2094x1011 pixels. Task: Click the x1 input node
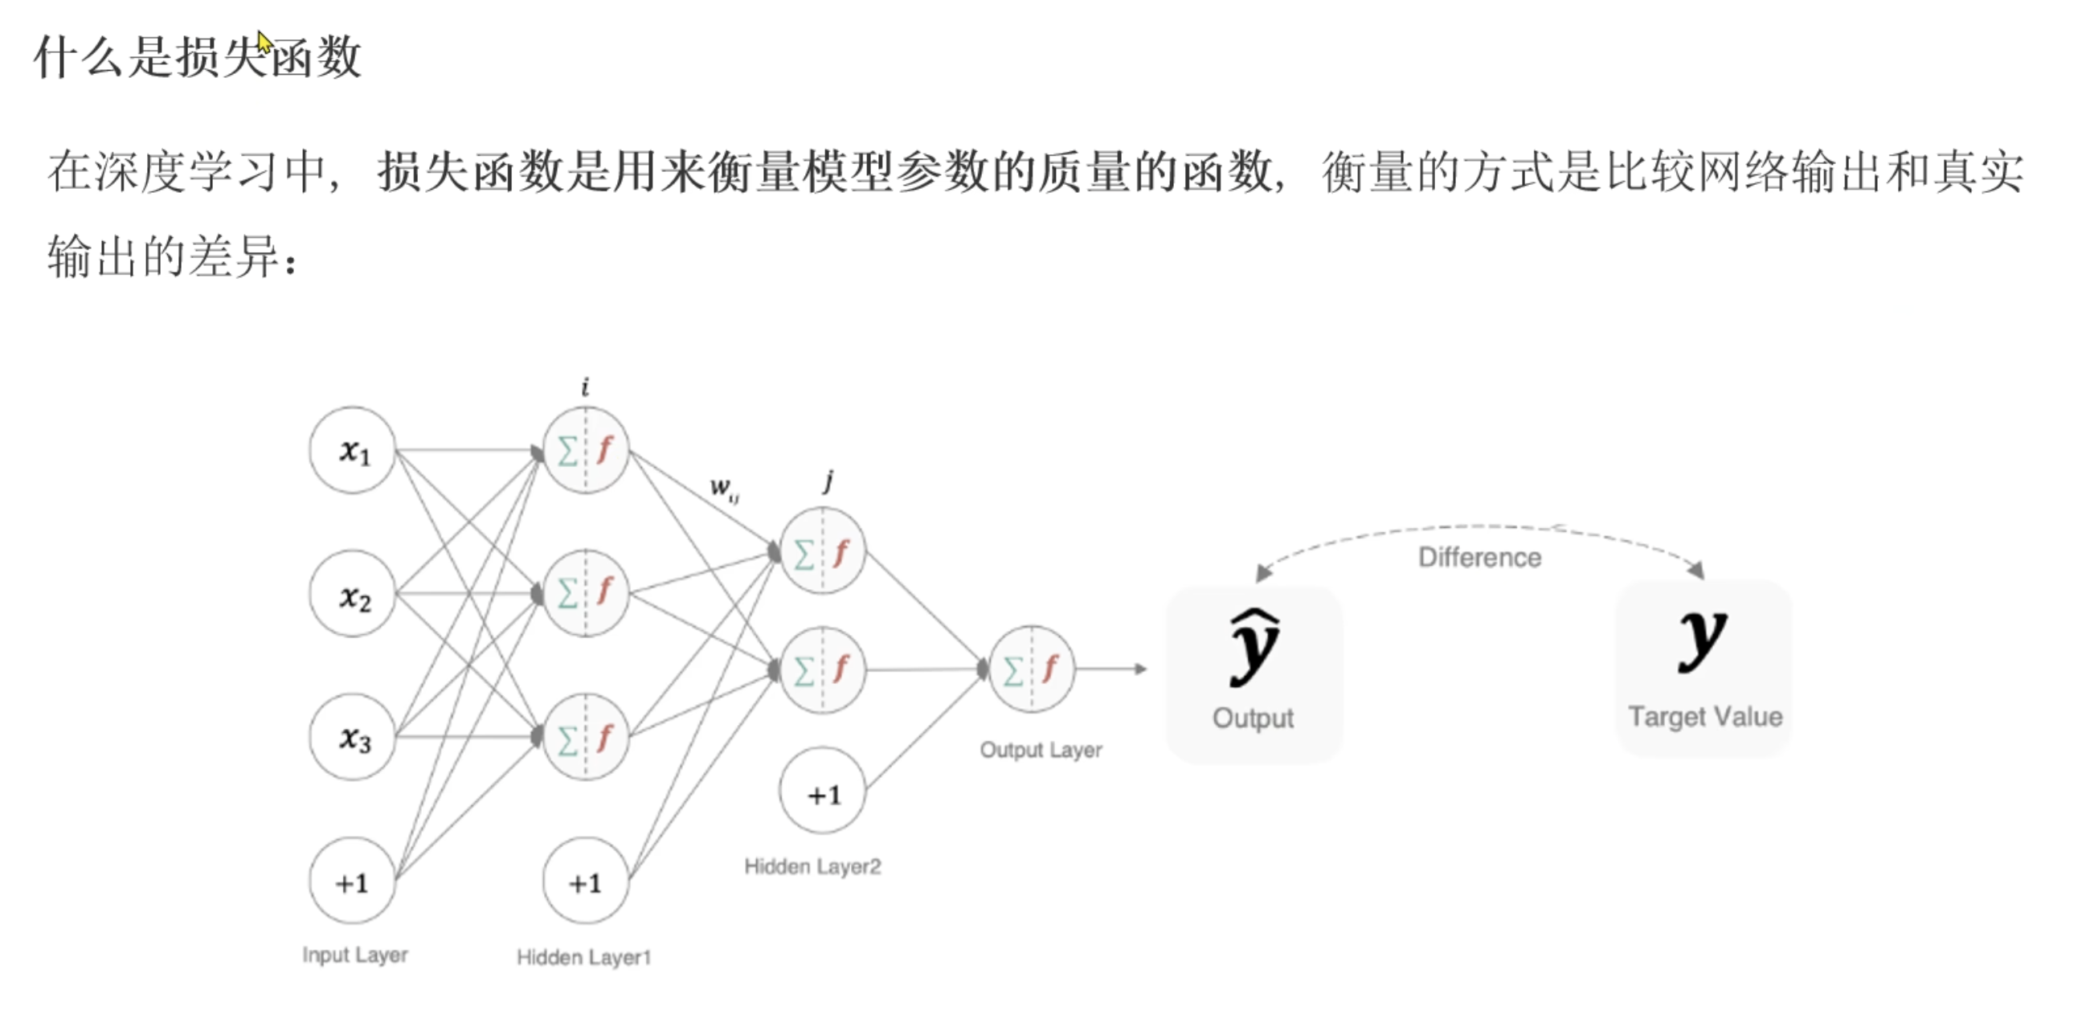coord(352,449)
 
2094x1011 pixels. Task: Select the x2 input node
coord(352,594)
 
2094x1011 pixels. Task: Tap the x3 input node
coord(352,737)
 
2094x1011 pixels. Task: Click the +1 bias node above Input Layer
coord(352,881)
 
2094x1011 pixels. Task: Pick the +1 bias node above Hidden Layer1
coord(585,881)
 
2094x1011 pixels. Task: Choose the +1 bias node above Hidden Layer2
coord(822,792)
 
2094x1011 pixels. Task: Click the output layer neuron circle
coord(1032,669)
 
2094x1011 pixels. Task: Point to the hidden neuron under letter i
coord(585,449)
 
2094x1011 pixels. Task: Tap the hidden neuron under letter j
coord(822,551)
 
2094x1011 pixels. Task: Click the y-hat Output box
coord(1254,674)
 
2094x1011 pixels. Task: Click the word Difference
coord(1479,558)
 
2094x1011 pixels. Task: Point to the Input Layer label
coord(354,955)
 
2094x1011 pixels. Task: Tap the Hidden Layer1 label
coord(583,957)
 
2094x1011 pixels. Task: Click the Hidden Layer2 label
coord(812,866)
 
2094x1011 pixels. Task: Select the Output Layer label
coord(1041,749)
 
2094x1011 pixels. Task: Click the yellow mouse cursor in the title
coord(264,41)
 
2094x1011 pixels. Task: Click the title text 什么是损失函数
coord(198,58)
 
